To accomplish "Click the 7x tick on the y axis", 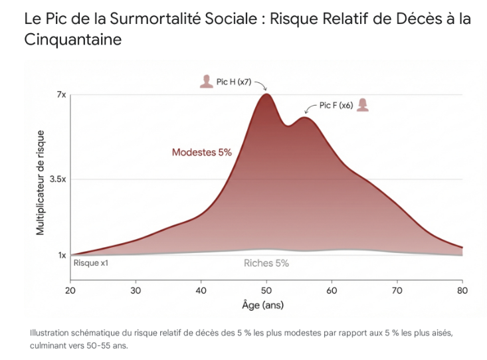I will coord(60,95).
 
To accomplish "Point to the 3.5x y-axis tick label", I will coord(58,179).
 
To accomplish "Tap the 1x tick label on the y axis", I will coord(61,255).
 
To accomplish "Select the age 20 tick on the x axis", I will coord(70,290).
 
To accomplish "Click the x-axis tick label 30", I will coord(136,290).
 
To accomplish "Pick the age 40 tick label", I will coord(201,290).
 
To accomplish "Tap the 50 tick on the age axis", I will coord(266,290).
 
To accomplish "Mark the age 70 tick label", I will coord(397,290).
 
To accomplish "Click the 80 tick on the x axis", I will coord(462,290).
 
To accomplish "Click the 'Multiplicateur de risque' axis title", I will coord(41,183).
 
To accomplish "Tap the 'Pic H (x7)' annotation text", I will coord(234,82).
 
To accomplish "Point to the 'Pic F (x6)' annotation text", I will coord(336,105).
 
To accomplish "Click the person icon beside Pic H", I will coord(206,82).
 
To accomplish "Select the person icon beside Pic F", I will coord(363,105).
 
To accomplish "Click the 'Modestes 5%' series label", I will coord(201,152).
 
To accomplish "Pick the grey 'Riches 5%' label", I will coord(266,263).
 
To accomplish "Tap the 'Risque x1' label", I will coord(90,263).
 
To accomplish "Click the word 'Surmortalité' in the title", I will coord(149,18).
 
